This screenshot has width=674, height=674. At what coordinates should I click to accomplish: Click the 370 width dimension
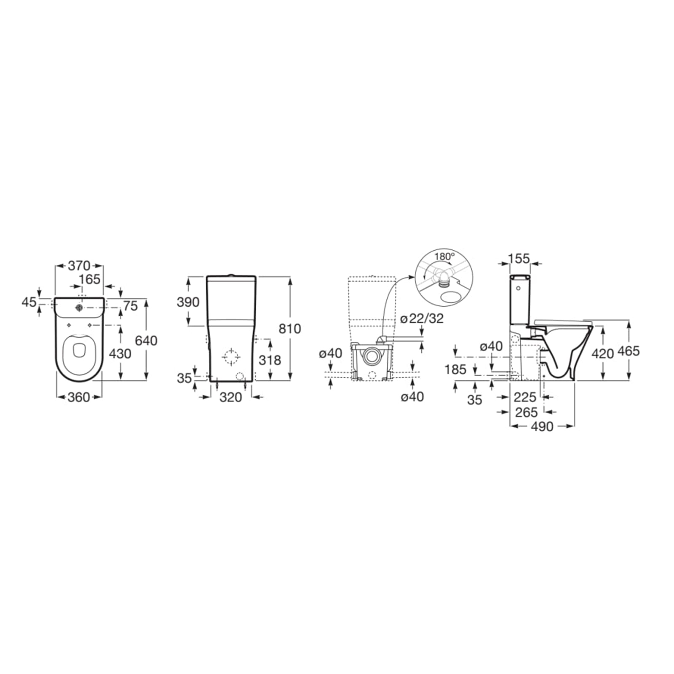[79, 266]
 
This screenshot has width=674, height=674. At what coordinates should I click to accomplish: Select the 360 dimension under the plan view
[79, 397]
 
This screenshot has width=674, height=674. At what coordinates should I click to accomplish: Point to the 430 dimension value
[120, 353]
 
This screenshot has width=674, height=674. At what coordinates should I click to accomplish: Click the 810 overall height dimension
[290, 329]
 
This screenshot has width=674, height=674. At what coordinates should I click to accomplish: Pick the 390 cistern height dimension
[188, 302]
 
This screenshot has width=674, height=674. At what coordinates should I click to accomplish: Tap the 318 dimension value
[270, 360]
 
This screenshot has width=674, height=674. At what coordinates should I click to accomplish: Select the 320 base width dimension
[231, 397]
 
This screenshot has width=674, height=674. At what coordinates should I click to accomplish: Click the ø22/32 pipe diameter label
[422, 318]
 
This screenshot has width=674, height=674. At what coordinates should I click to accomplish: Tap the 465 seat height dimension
[628, 350]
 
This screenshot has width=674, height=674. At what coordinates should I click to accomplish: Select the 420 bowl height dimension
[602, 354]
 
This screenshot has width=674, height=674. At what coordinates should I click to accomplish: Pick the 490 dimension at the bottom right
[542, 427]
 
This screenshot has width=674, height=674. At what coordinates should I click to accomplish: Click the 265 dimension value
[527, 412]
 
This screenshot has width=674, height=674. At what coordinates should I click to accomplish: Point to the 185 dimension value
[456, 369]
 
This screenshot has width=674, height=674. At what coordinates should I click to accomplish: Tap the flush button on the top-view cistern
[79, 308]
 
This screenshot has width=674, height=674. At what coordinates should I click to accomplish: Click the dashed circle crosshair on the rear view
[231, 357]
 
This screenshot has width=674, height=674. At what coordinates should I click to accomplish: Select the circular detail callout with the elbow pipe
[444, 278]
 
